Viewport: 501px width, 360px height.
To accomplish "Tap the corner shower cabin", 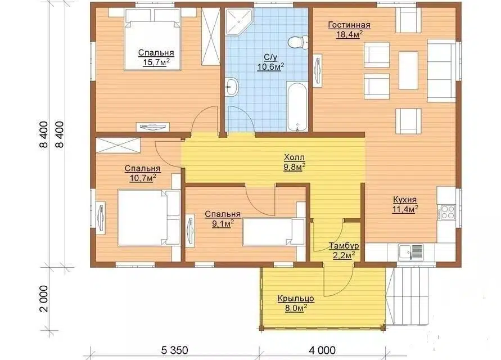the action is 238,21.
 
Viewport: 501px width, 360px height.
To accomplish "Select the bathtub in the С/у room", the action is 297,106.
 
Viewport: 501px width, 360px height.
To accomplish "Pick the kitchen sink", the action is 410,252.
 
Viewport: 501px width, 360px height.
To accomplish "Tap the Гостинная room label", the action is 349,25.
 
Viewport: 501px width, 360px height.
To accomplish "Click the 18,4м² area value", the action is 349,34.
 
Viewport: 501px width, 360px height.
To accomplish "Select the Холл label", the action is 295,157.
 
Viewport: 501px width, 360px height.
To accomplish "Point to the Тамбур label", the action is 344,246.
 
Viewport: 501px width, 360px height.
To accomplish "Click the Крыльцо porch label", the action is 296,299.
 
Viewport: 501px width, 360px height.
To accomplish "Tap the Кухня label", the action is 405,200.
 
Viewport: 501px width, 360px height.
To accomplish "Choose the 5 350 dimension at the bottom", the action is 174,350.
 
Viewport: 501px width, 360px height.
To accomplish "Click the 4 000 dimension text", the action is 322,350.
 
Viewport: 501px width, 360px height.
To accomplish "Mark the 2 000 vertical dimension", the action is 43,299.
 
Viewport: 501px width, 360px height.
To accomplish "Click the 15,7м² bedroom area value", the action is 156,62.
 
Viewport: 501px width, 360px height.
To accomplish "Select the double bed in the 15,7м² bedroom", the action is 153,39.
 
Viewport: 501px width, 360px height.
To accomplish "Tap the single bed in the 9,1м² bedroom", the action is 274,232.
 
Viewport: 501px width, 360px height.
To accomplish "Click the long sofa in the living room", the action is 441,71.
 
